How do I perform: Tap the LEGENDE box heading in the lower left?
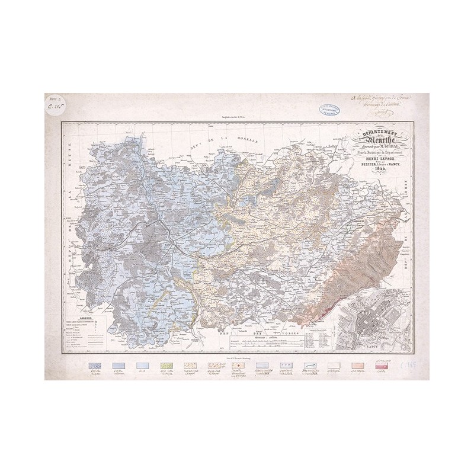point(78,319)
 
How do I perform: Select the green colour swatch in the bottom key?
point(166,366)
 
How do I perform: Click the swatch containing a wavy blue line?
point(310,366)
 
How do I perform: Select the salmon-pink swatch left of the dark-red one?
point(357,366)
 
